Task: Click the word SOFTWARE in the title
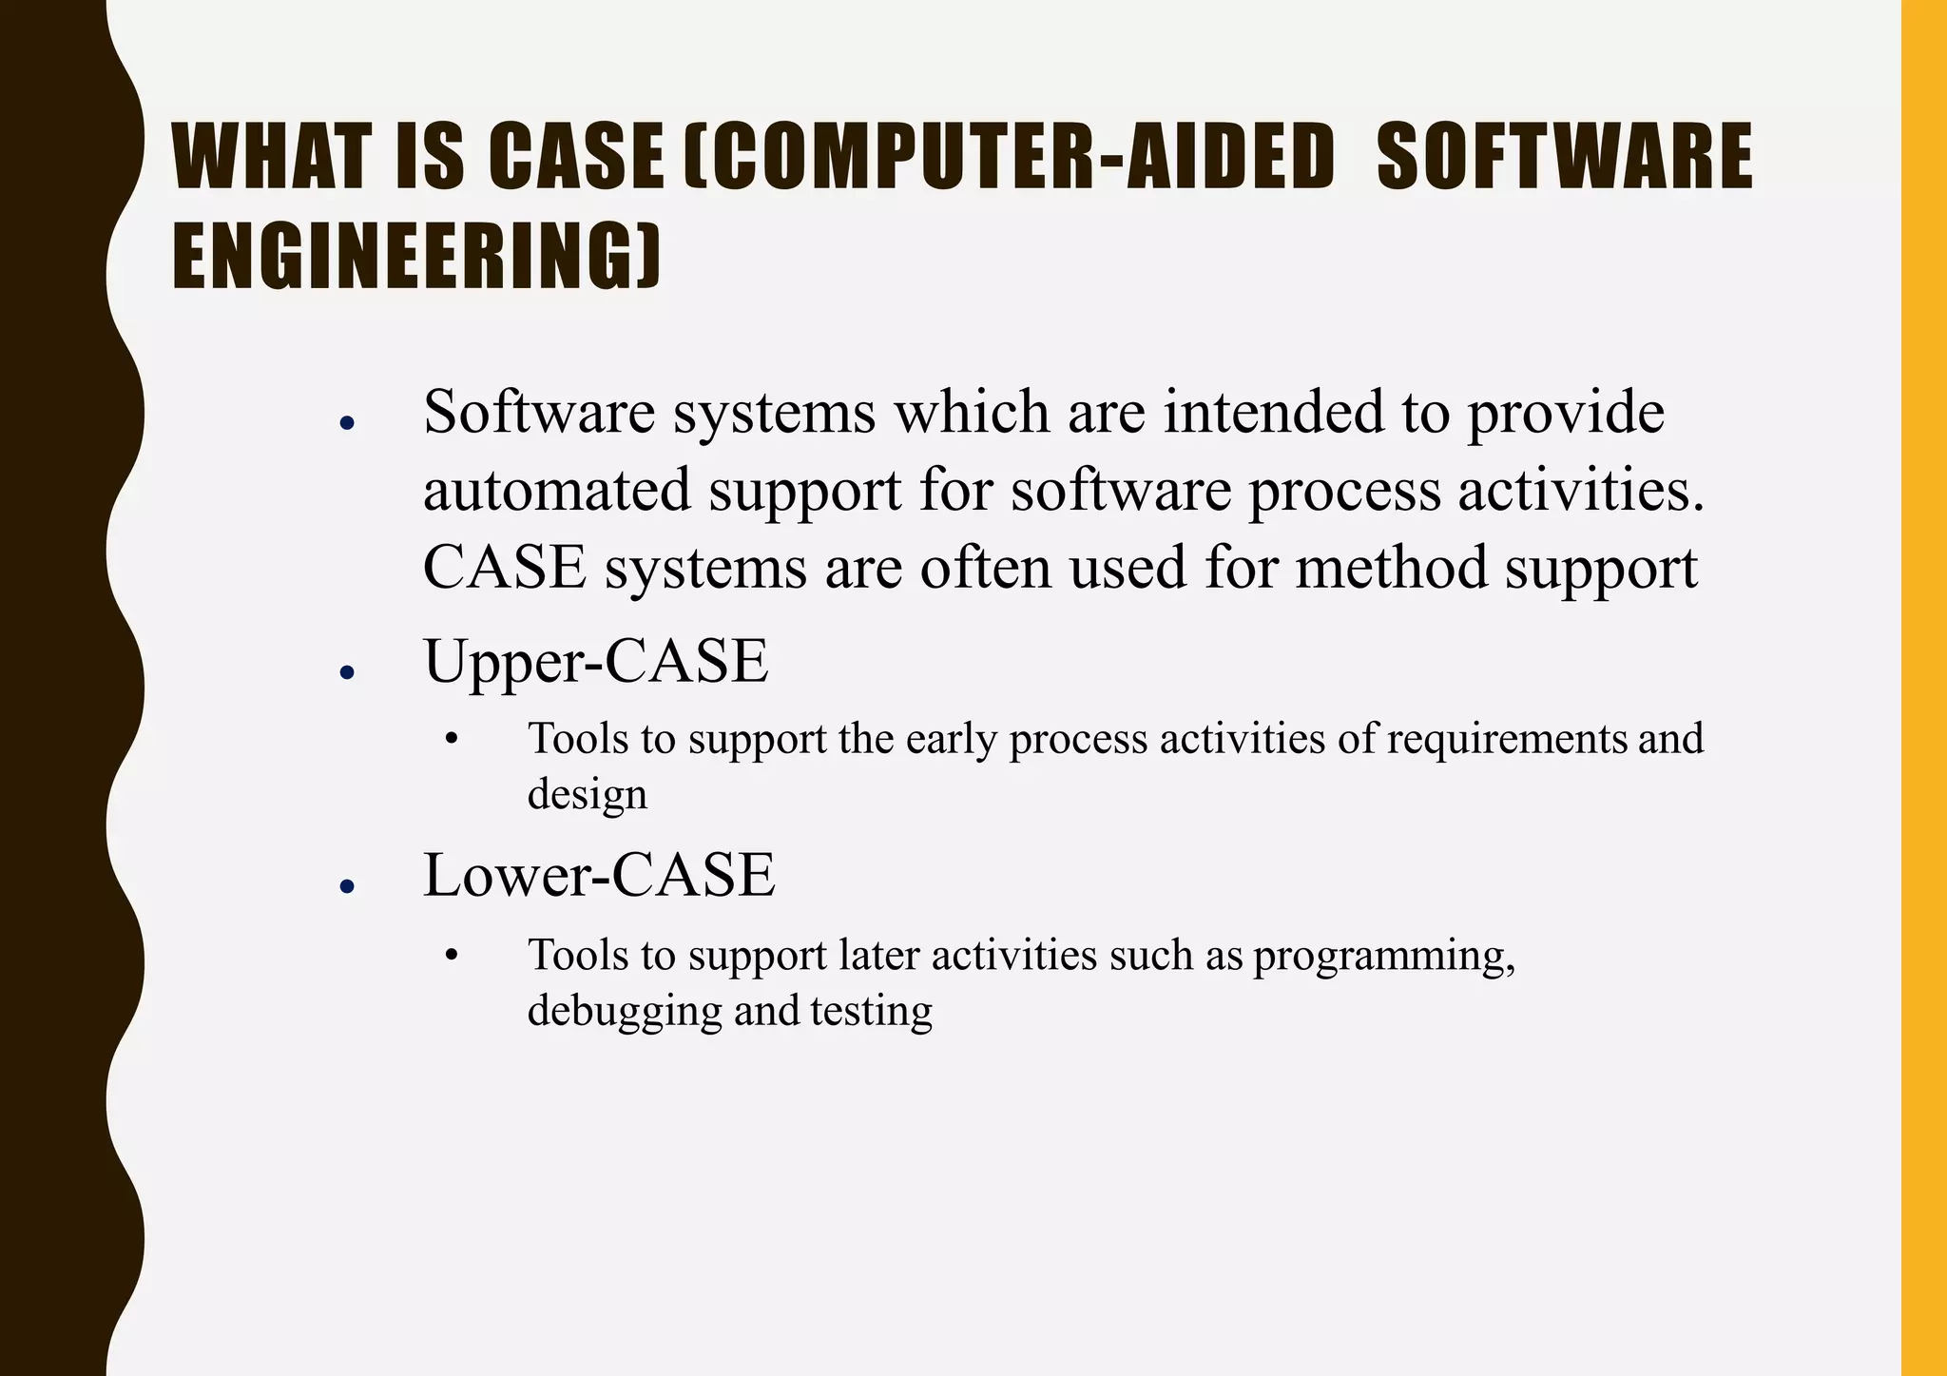coord(1564,157)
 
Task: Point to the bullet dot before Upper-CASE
coord(347,672)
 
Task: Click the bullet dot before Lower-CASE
coord(347,886)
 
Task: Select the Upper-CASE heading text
coord(595,661)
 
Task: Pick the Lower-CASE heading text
coord(599,875)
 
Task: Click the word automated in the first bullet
coord(557,491)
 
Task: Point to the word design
coord(587,794)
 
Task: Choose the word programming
coord(1383,956)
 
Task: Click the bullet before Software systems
coord(347,423)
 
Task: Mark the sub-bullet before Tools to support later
coord(452,955)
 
